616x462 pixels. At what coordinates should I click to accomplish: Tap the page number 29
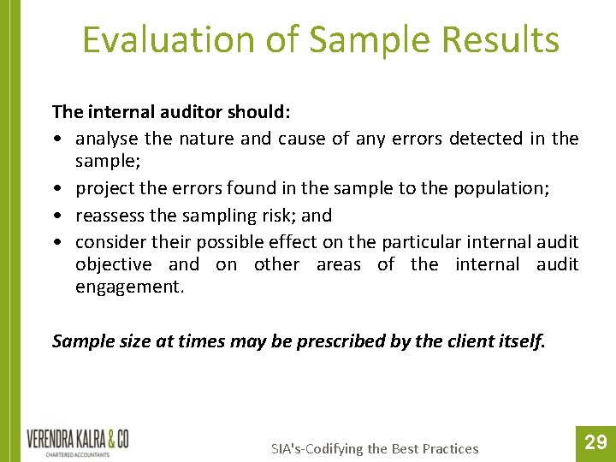(x=595, y=442)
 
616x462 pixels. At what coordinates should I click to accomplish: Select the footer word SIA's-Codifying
(x=317, y=448)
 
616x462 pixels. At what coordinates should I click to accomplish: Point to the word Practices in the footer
(x=448, y=448)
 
